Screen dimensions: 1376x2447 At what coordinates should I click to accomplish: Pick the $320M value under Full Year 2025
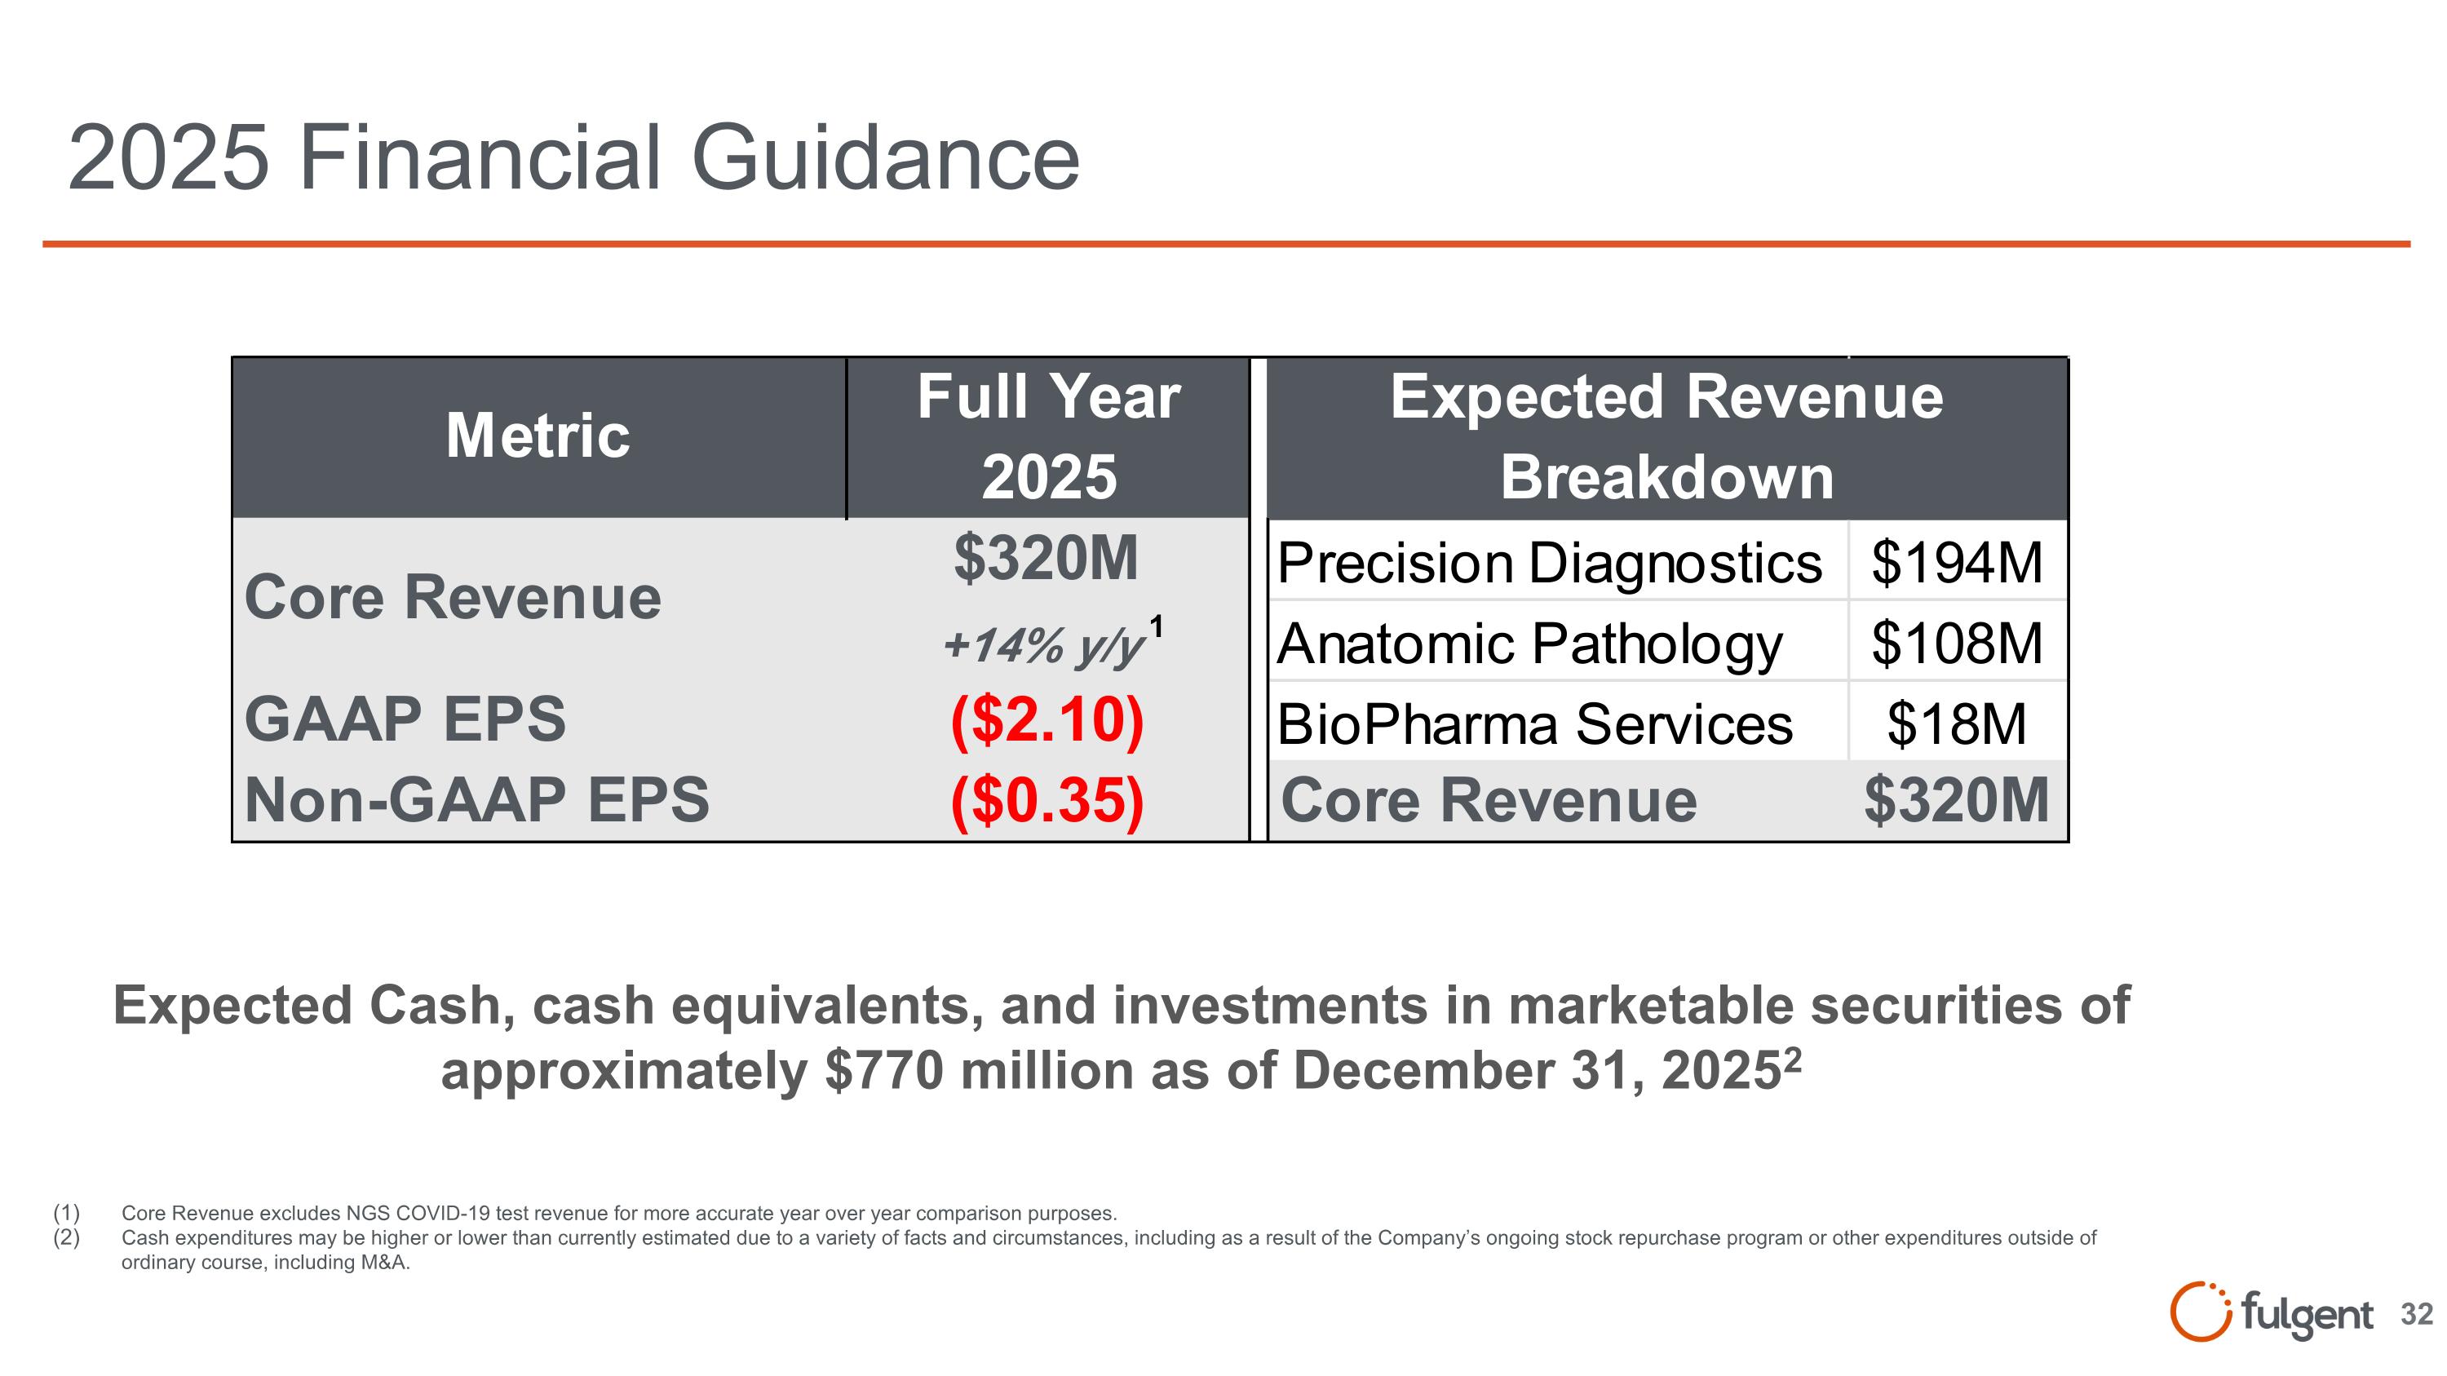point(1046,559)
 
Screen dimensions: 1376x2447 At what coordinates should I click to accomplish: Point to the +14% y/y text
point(1043,646)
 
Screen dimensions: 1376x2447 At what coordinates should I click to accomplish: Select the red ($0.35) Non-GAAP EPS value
point(1047,799)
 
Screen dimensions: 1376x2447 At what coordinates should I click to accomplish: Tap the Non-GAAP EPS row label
point(477,799)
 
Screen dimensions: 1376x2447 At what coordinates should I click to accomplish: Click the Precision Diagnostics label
point(1549,563)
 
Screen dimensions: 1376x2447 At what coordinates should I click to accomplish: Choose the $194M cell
point(1956,563)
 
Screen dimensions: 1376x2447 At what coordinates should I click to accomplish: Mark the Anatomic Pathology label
point(1529,644)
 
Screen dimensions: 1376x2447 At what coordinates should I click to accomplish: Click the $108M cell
point(1956,644)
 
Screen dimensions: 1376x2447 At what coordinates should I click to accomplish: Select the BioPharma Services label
point(1534,724)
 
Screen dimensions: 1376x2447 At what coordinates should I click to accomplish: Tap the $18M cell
point(1956,724)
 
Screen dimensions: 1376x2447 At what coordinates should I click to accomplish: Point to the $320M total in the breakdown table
point(1956,800)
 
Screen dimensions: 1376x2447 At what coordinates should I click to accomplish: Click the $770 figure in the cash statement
point(883,1071)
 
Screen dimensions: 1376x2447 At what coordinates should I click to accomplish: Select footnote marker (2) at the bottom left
point(67,1237)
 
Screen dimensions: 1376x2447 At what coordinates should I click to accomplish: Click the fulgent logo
point(2270,1313)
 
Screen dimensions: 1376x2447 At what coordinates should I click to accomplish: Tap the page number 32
point(2417,1314)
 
